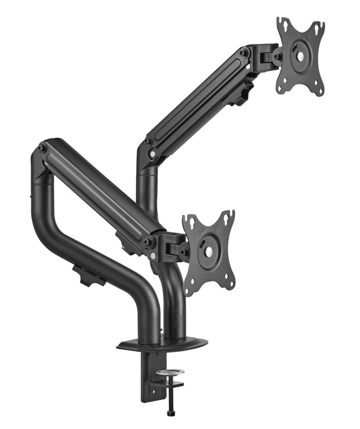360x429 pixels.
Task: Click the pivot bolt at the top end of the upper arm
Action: click(244, 53)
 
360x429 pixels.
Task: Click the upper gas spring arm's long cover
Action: click(196, 101)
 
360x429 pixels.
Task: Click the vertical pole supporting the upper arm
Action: click(147, 190)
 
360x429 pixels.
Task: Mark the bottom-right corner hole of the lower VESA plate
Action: click(229, 283)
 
